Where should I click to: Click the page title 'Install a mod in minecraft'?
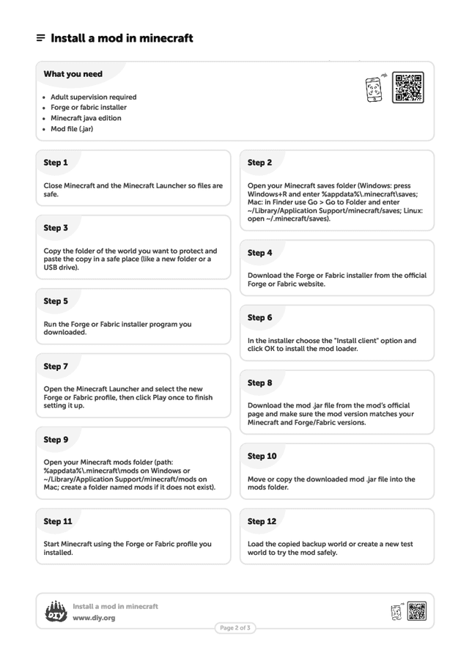(122, 38)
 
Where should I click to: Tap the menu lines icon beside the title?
(41, 38)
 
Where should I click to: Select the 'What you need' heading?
(73, 74)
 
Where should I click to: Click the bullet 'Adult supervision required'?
(93, 97)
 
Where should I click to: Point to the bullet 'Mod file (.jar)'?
(72, 129)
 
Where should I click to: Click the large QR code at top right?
(407, 87)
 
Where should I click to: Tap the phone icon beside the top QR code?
(374, 89)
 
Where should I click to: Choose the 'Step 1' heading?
(56, 163)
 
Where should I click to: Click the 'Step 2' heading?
(259, 163)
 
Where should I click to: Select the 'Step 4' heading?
(259, 253)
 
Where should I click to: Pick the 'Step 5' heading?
(56, 301)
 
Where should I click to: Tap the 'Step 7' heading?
(56, 366)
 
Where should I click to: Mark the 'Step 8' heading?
(259, 383)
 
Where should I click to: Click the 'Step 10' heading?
(262, 456)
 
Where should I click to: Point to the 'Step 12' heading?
(262, 521)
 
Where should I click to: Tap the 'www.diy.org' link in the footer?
(94, 618)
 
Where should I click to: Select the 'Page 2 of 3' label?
(235, 628)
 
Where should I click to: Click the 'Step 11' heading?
(58, 521)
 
